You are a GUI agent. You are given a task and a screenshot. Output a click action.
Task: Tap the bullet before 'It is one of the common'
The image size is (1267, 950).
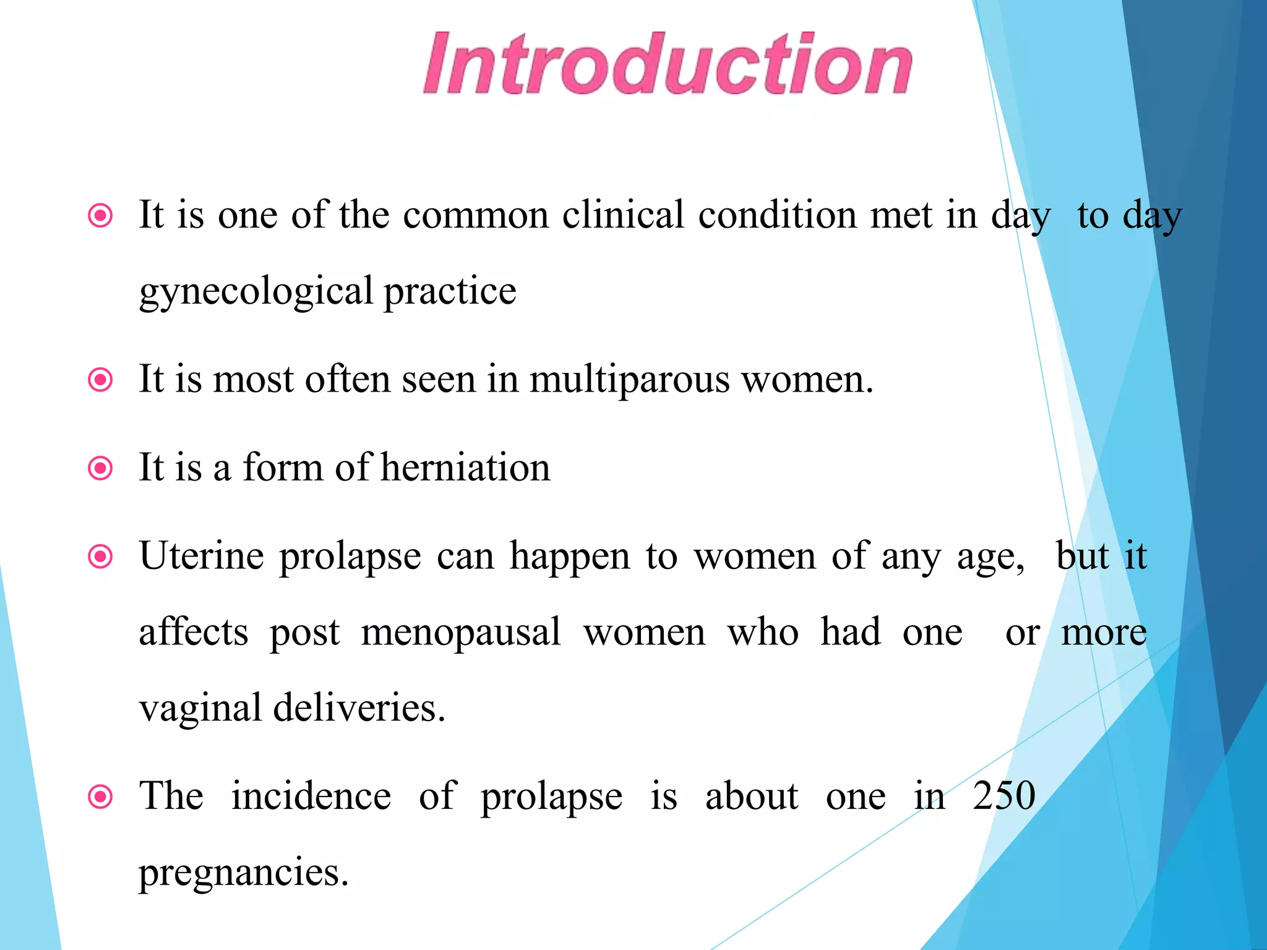tap(101, 216)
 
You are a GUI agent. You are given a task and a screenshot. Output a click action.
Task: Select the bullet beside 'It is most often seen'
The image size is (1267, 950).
tap(101, 380)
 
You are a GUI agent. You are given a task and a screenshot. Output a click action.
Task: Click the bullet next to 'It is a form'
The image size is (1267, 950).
tap(101, 468)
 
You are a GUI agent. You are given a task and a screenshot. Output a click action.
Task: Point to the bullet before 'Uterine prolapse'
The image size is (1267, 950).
tap(101, 557)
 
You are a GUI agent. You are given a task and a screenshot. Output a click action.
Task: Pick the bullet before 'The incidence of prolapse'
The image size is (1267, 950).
tap(101, 797)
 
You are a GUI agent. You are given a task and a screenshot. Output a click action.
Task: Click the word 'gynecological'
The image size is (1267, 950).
tap(256, 292)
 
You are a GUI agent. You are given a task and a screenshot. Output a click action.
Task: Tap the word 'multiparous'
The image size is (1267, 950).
tap(629, 379)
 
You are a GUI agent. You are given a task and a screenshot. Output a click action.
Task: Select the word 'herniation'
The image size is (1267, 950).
tap(465, 468)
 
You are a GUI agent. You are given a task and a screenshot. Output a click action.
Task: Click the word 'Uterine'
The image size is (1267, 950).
tap(201, 556)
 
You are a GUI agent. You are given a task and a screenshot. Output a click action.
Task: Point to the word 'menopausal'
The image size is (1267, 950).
tap(461, 633)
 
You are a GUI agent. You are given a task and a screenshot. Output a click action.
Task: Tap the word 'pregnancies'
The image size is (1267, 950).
tap(243, 873)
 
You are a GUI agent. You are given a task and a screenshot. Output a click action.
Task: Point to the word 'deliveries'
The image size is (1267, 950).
tap(359, 708)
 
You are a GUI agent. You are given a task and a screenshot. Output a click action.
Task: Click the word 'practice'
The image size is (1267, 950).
tap(450, 292)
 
